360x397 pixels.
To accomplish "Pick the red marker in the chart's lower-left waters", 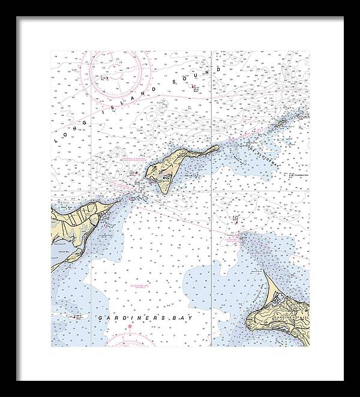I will pyautogui.click(x=74, y=317).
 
